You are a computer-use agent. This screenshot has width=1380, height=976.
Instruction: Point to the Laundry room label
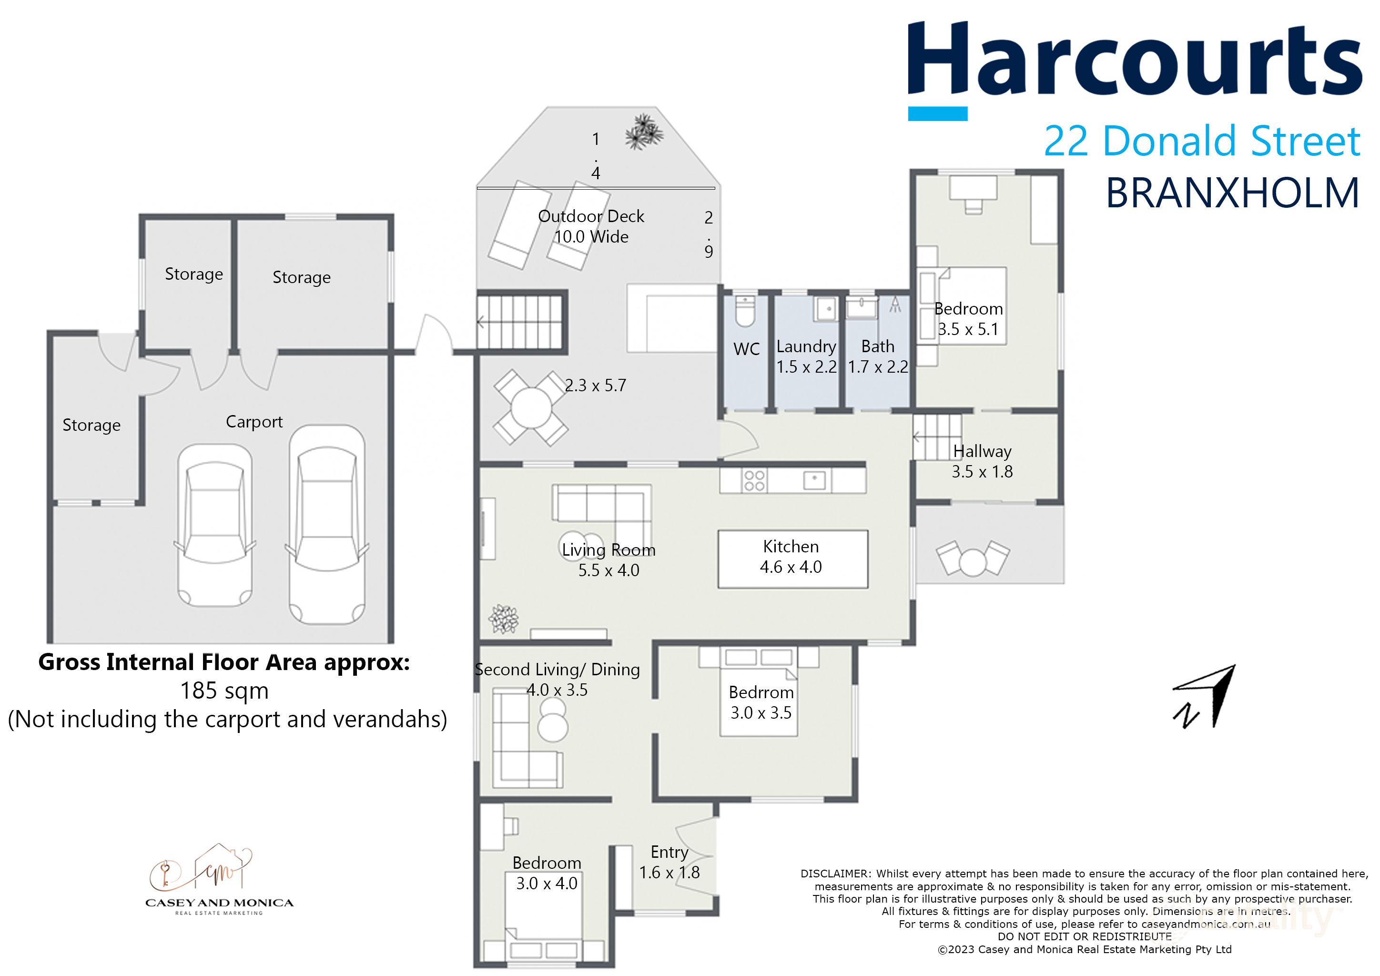(806, 347)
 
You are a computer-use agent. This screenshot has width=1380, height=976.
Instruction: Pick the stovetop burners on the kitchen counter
(754, 481)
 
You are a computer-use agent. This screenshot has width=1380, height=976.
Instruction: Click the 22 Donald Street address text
(1202, 141)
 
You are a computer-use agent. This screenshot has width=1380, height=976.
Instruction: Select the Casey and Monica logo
(219, 880)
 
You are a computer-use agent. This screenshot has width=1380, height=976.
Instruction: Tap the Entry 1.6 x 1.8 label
(669, 863)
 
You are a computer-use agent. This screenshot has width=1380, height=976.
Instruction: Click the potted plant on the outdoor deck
(644, 132)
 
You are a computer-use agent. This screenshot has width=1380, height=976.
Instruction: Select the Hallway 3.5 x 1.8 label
(982, 461)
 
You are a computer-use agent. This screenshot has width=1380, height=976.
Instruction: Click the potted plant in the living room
(503, 619)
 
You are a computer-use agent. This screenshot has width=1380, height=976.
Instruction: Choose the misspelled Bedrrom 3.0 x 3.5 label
(761, 702)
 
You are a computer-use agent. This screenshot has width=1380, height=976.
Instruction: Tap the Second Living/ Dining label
(557, 670)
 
